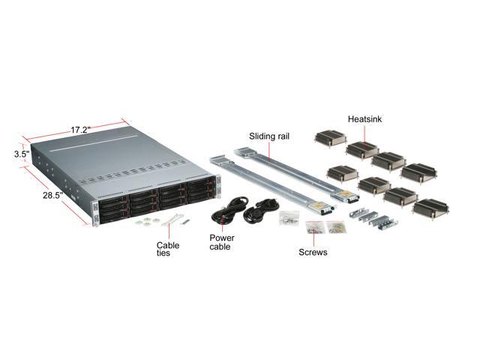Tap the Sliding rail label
coord(268,136)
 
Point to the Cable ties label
coord(167,249)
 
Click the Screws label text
coord(313,253)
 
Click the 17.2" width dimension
coord(80,130)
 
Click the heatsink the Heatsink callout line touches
coord(363,148)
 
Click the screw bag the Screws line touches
coord(314,226)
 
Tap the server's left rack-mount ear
coord(94,214)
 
